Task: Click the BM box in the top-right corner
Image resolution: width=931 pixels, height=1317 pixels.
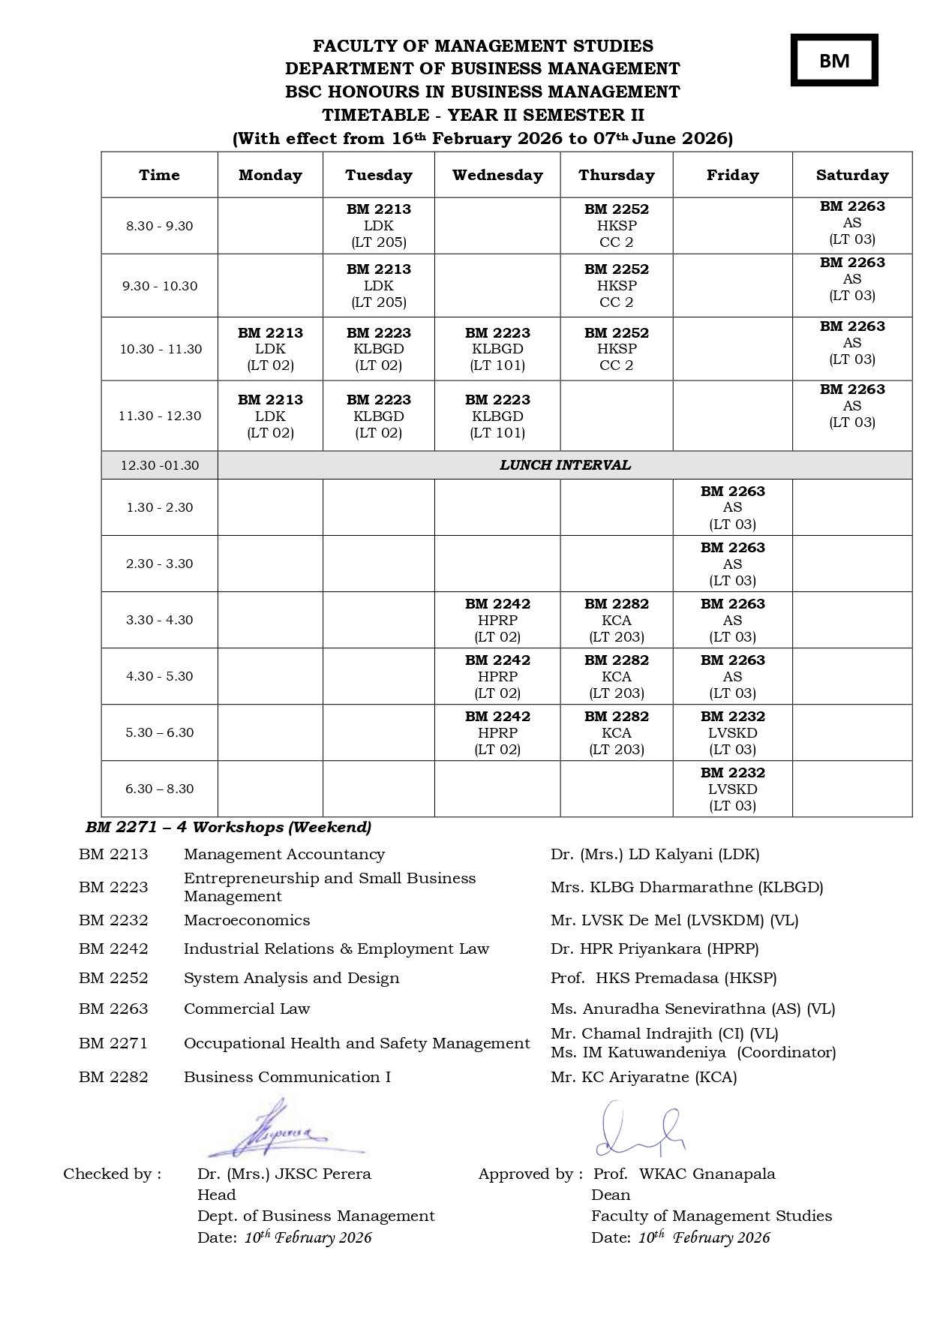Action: [833, 60]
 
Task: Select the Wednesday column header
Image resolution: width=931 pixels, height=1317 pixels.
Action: [497, 175]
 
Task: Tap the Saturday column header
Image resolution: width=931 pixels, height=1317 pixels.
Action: [851, 175]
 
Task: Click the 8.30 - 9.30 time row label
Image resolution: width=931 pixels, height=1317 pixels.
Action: [159, 226]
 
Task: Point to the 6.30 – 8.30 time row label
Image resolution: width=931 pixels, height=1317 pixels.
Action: [159, 789]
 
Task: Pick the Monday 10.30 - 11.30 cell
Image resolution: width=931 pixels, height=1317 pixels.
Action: [270, 349]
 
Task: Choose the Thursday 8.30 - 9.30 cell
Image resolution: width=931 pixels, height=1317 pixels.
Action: [616, 226]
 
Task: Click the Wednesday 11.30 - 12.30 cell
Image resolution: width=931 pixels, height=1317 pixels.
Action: [497, 416]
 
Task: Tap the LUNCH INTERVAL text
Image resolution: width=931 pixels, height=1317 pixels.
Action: [565, 465]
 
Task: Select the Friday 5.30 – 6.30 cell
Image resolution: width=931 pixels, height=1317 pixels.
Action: [732, 732]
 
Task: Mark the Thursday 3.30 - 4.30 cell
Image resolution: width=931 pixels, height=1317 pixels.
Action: [616, 620]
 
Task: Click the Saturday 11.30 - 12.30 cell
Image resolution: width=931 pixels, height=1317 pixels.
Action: [851, 406]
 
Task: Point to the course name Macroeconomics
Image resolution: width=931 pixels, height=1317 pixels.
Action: [247, 920]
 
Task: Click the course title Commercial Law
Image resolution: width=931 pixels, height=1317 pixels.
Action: [247, 1009]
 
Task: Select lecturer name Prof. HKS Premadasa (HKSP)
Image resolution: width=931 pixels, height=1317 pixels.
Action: [663, 978]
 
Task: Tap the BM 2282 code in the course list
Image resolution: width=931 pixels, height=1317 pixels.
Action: [113, 1077]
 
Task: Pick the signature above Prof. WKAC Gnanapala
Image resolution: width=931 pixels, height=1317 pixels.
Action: [639, 1129]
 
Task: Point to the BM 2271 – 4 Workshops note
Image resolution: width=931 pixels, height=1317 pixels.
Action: [228, 827]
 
